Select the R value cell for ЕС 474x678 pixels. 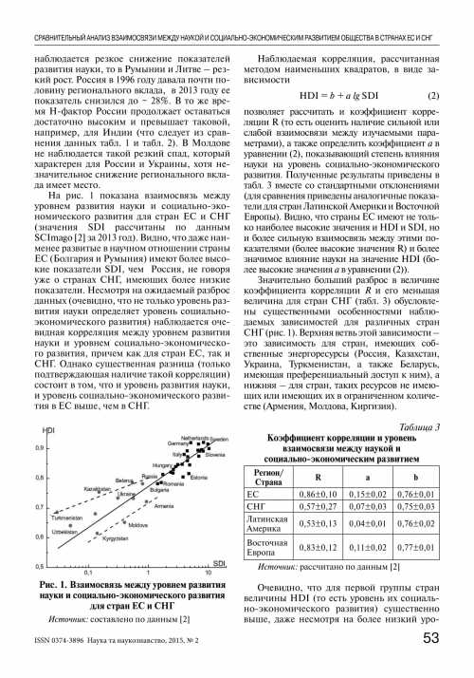coord(319,495)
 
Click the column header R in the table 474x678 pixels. coord(319,477)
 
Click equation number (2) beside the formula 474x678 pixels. coord(431,96)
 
